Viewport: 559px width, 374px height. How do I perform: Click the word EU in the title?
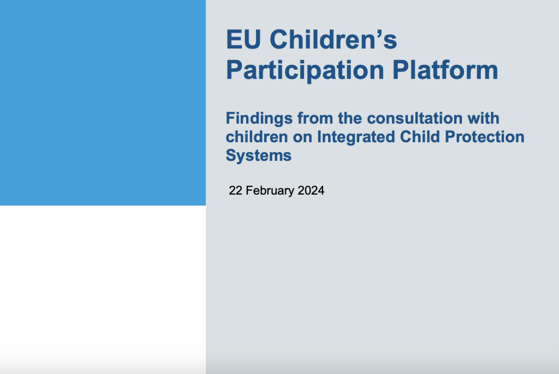tap(243, 39)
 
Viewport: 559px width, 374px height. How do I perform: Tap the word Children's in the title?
tap(334, 39)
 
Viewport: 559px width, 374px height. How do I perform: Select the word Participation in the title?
tap(305, 70)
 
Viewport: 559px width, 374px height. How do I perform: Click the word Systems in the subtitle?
tap(258, 156)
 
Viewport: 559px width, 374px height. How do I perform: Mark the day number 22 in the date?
tap(236, 191)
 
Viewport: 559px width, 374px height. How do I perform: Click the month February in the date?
tap(270, 191)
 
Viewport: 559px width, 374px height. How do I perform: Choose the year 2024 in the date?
tap(311, 191)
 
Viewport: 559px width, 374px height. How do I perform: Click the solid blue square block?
tap(103, 102)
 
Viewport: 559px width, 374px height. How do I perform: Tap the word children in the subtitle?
tap(257, 137)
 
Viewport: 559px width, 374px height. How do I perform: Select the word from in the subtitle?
tap(315, 118)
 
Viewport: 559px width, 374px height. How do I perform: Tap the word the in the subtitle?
tap(350, 118)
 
